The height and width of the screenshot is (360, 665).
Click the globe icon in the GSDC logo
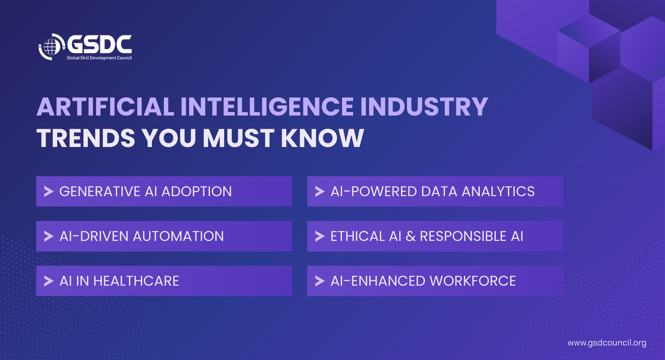pyautogui.click(x=51, y=47)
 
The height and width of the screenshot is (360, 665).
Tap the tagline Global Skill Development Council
pyautogui.click(x=99, y=58)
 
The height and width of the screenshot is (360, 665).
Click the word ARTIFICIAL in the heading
pyautogui.click(x=106, y=106)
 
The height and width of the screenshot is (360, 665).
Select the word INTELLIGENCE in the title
pyautogui.click(x=267, y=106)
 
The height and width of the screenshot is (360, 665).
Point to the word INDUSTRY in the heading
pyautogui.click(x=424, y=106)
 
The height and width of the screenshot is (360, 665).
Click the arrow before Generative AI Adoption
pyautogui.click(x=49, y=192)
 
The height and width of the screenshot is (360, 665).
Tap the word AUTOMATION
pyautogui.click(x=178, y=236)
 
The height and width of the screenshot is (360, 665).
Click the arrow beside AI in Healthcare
pyautogui.click(x=49, y=281)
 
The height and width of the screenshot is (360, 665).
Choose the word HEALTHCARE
pyautogui.click(x=136, y=281)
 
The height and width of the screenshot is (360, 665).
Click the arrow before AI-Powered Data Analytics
pyautogui.click(x=320, y=192)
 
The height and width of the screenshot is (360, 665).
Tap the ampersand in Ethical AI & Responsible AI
pyautogui.click(x=411, y=236)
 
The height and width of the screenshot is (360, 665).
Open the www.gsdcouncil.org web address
pyautogui.click(x=607, y=343)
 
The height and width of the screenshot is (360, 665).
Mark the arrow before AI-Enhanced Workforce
pyautogui.click(x=320, y=281)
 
